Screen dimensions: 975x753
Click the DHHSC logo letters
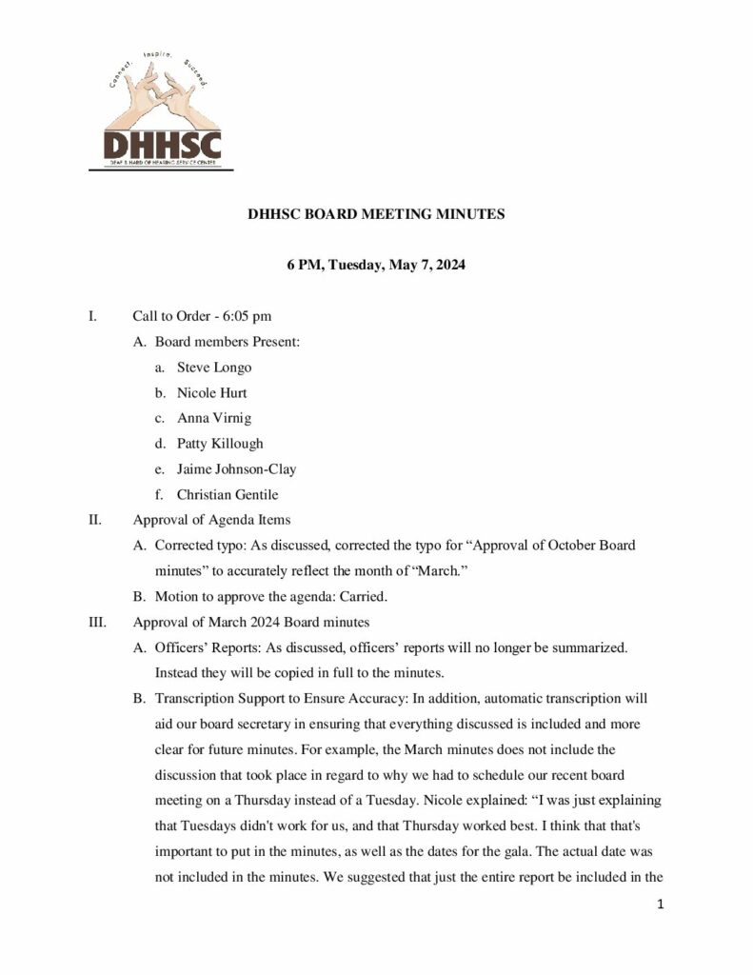click(x=161, y=147)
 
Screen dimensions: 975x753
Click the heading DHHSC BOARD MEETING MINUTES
click(x=376, y=215)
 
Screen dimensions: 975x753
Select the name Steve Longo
click(x=214, y=367)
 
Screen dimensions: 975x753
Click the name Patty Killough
click(x=220, y=444)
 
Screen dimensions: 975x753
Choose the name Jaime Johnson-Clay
click(x=243, y=469)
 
